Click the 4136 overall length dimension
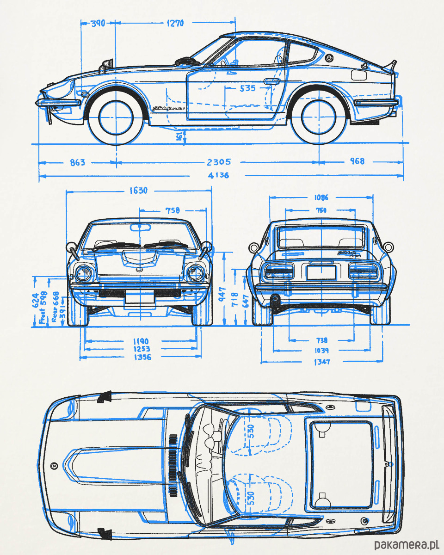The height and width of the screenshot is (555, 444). coord(218,176)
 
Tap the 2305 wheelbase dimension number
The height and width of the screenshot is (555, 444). coord(219,162)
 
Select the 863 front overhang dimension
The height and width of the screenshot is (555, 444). coord(77,162)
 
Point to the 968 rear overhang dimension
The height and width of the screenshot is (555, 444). coord(357,161)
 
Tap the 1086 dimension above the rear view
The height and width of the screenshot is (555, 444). coord(321,197)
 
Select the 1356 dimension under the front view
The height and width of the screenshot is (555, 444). coord(142,357)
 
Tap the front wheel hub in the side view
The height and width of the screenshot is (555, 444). coord(116,117)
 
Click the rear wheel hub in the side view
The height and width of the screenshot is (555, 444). coord(319,117)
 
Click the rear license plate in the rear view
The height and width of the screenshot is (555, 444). coord(320,272)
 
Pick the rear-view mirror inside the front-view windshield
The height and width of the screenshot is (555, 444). coord(140,227)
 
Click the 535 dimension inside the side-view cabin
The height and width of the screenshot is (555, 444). coord(247,88)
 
